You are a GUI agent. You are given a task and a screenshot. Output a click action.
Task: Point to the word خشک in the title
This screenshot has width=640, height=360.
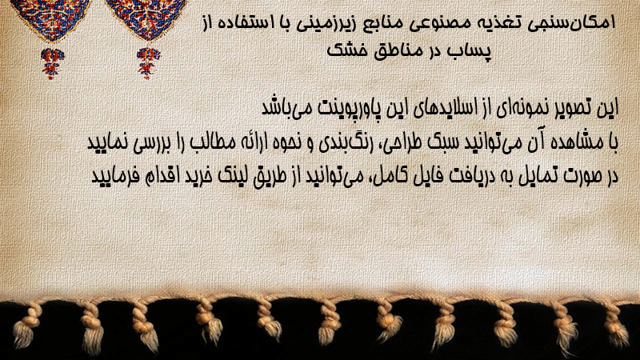click(344, 51)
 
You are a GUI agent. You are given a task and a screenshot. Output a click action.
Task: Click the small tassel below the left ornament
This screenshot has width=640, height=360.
click(51, 63)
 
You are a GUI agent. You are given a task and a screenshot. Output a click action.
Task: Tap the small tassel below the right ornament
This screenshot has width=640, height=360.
click(148, 63)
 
